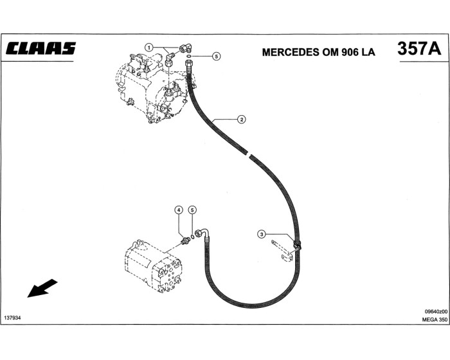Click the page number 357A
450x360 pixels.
point(419,49)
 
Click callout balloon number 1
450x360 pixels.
point(148,47)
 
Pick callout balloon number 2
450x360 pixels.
point(240,119)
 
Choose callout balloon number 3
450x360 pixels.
point(262,235)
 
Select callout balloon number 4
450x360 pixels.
point(179,210)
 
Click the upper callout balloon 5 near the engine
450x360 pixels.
point(216,57)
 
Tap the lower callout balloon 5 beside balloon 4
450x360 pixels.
point(192,210)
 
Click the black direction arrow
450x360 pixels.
point(42,289)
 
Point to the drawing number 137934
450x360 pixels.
point(13,318)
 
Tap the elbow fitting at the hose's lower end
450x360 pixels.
point(203,233)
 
